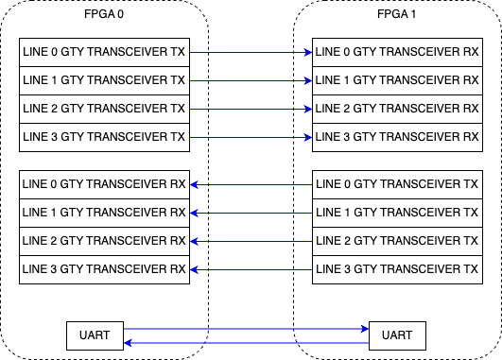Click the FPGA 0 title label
click(x=105, y=16)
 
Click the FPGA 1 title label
click(x=398, y=16)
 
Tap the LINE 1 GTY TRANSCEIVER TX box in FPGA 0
click(x=105, y=81)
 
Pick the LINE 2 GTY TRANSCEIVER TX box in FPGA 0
click(x=105, y=110)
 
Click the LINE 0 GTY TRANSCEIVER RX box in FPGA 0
click(x=105, y=183)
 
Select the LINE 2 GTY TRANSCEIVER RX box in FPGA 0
click(x=105, y=240)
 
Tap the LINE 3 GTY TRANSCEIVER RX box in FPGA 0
click(x=105, y=269)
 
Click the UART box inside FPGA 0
click(x=95, y=335)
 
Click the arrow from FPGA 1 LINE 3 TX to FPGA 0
click(x=251, y=269)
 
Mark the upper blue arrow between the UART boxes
click(x=246, y=330)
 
